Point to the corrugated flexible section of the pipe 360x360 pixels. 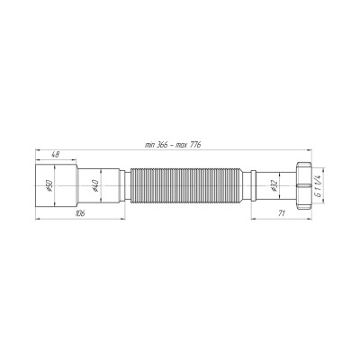coord(189,185)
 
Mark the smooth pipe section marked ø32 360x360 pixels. coord(265,185)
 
